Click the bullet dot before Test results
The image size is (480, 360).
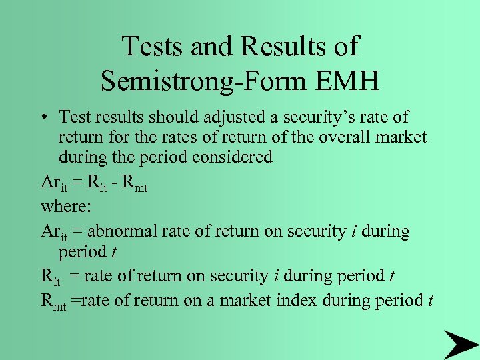tap(43, 119)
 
